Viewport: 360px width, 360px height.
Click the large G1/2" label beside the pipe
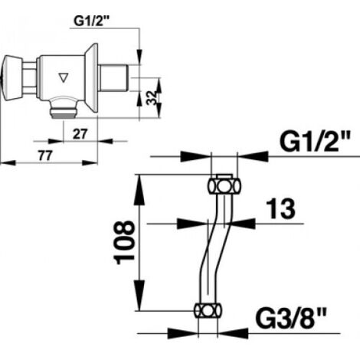[x=315, y=141]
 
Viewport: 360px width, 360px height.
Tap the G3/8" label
[x=291, y=319]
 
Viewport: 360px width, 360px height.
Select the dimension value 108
[x=124, y=243]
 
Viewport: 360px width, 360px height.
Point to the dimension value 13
[x=280, y=209]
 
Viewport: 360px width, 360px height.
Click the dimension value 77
[x=45, y=155]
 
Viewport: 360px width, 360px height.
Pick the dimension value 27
[x=80, y=134]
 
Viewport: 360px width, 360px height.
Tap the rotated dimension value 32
[x=152, y=97]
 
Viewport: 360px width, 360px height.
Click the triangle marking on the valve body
[x=64, y=77]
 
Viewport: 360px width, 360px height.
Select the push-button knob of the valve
[x=12, y=78]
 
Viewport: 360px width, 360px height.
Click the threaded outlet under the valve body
[x=63, y=109]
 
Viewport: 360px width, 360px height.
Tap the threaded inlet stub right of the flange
[x=113, y=78]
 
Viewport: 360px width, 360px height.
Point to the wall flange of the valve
[x=91, y=78]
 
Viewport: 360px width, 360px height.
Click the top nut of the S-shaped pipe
[x=224, y=185]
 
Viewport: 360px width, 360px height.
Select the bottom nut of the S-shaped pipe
[x=208, y=310]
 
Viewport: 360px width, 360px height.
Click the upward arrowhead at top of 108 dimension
[x=139, y=189]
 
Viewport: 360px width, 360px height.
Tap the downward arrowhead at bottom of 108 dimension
[x=139, y=296]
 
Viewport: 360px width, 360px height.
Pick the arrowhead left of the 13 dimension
[x=191, y=224]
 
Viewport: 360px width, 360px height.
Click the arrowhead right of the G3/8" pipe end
[x=234, y=333]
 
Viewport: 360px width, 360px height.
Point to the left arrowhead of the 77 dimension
[x=8, y=162]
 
